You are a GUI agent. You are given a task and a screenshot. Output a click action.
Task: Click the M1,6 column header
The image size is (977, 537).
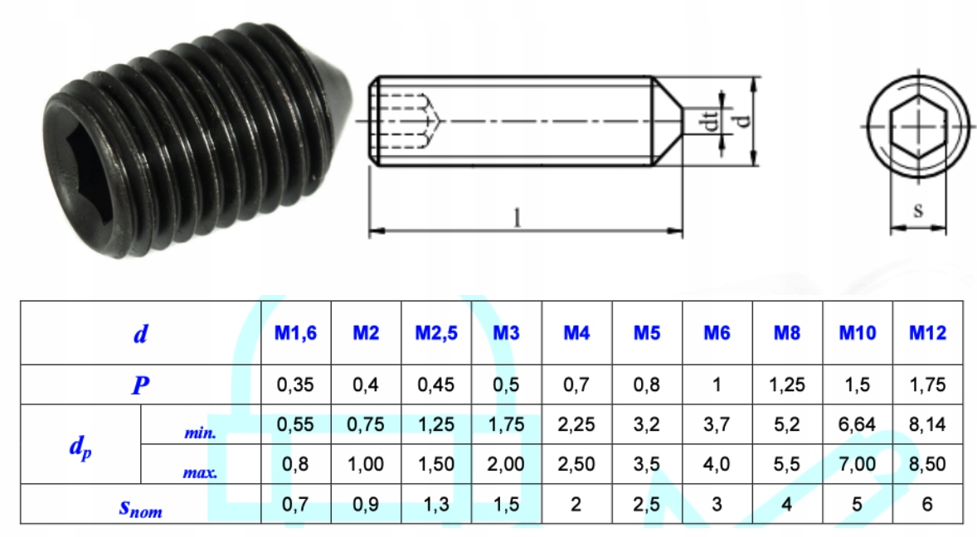coord(295,333)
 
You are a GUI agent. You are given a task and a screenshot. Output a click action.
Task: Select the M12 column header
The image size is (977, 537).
coord(927,333)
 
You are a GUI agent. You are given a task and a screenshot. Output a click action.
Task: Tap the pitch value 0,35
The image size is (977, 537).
coord(295,385)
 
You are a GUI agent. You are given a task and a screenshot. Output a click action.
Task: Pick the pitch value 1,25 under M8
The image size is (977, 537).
coord(787,385)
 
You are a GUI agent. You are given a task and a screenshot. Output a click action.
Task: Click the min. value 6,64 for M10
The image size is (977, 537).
coord(857,424)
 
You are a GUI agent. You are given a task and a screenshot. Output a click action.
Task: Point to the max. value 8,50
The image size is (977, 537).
coord(927,464)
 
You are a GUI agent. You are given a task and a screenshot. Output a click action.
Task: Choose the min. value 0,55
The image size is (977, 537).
coord(295,424)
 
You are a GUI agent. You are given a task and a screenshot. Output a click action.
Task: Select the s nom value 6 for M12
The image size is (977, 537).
coord(927,504)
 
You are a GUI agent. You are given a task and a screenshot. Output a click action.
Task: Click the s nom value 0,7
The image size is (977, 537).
coord(295,504)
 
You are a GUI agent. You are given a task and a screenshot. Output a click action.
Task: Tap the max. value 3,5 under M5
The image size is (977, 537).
coord(647,464)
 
